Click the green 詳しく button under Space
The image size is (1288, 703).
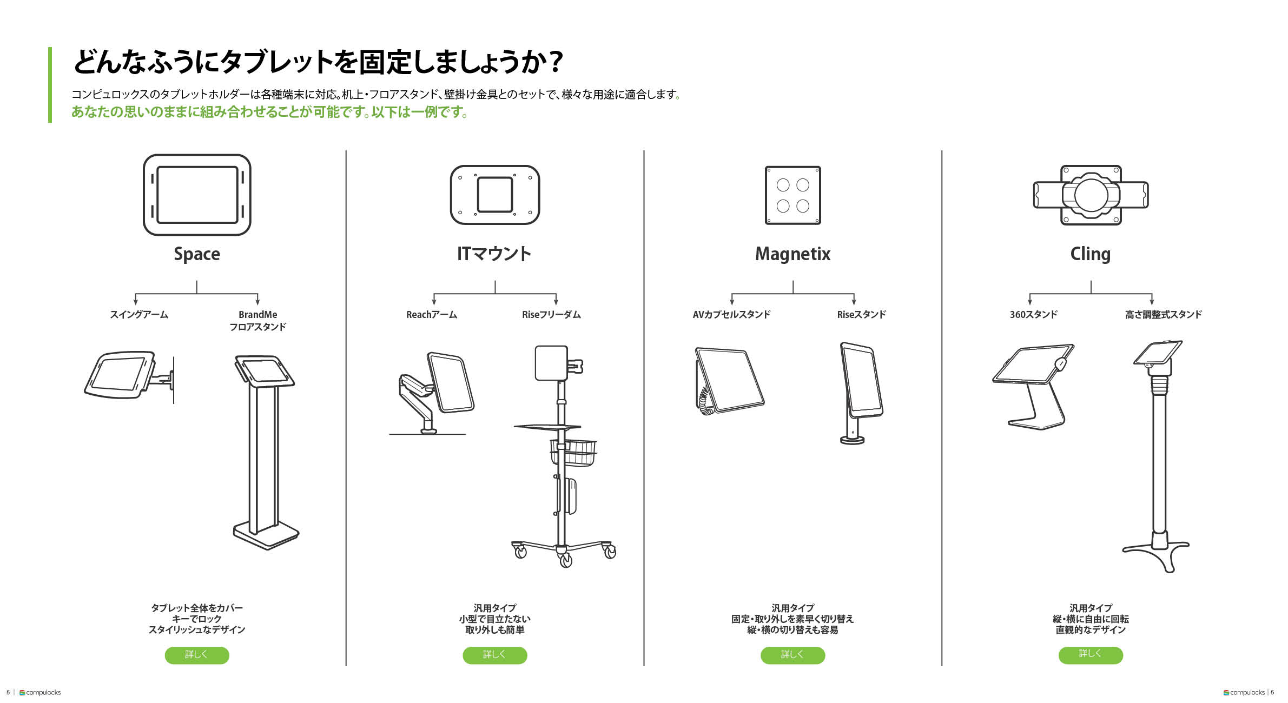197,655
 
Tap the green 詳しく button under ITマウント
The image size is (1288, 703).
494,655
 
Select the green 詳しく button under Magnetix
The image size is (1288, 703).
792,655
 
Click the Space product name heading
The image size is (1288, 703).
197,254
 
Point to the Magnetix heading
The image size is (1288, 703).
792,254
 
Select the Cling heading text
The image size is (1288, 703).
1090,254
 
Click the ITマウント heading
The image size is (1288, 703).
494,254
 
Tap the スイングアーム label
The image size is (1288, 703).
139,315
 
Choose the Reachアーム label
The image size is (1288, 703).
432,315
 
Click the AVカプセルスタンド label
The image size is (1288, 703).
731,315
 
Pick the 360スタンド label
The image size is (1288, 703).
1033,315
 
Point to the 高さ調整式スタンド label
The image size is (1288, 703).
1163,315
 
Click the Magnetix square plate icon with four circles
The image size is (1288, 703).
793,195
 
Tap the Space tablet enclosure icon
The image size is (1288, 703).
197,195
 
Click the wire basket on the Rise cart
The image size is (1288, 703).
573,453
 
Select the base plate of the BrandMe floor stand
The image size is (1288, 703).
266,535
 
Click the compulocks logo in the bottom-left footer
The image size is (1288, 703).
40,693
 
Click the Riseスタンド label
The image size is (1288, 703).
861,315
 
